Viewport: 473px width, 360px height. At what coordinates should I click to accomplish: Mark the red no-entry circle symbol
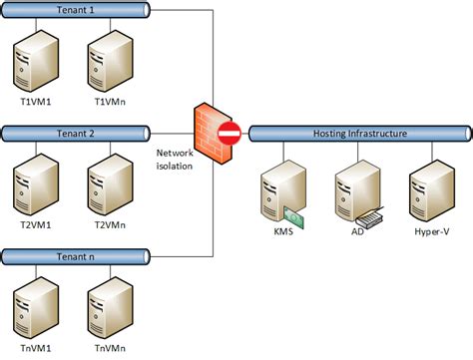point(230,133)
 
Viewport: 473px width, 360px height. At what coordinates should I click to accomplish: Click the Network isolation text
point(177,159)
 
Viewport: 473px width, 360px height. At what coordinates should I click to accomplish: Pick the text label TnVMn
point(107,350)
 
